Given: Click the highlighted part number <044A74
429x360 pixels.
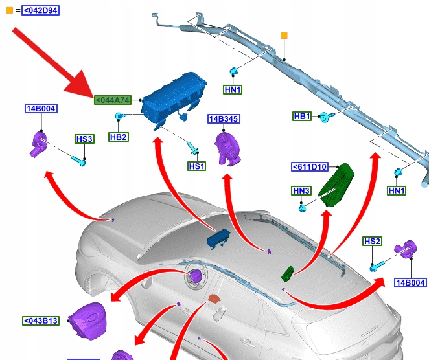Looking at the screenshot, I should pos(113,100).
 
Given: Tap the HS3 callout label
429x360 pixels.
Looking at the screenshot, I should pos(84,139).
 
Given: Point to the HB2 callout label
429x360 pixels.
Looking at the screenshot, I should pos(118,137).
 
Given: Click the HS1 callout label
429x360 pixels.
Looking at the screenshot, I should pos(196,166).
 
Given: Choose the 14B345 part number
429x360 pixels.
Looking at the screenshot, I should pos(223,119).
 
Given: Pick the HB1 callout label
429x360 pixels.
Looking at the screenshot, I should pos(302,117).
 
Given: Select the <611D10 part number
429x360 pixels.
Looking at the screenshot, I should pos(310,167).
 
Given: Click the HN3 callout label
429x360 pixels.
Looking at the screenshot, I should pos(302,190).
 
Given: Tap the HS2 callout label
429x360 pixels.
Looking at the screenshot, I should pos(372,242).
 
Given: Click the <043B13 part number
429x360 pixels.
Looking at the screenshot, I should pos(41,321).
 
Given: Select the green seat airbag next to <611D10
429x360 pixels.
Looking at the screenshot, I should pos(336,184).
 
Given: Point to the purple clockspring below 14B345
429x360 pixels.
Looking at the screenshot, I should pos(227,148).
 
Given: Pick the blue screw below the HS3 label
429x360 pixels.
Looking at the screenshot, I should pos(82,159).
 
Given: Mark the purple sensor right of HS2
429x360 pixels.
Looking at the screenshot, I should pos(407,249).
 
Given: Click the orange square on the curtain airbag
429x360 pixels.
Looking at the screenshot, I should pos(284,35).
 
